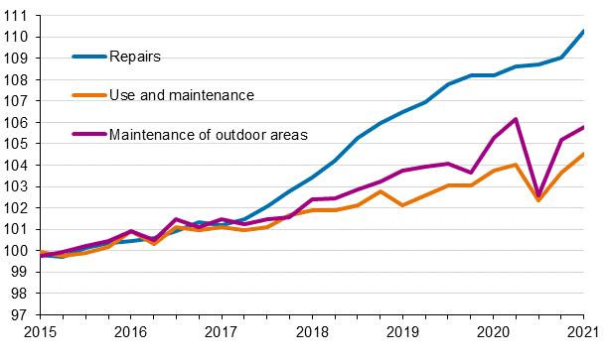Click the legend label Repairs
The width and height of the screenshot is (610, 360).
click(x=134, y=57)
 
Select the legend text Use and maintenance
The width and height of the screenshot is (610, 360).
click(x=181, y=95)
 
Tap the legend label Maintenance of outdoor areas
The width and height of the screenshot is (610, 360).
click(x=208, y=134)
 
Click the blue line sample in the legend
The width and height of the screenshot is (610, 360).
click(x=88, y=57)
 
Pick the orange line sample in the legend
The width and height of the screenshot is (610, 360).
click(x=88, y=95)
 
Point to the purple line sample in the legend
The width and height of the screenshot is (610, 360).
click(x=88, y=134)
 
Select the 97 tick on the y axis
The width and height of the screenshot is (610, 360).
click(x=20, y=315)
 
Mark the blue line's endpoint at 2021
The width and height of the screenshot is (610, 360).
click(x=583, y=32)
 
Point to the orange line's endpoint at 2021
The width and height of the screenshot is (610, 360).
click(x=583, y=154)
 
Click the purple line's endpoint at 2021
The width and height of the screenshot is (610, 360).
click(x=583, y=127)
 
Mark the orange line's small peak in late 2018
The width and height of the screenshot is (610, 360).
click(x=380, y=191)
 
